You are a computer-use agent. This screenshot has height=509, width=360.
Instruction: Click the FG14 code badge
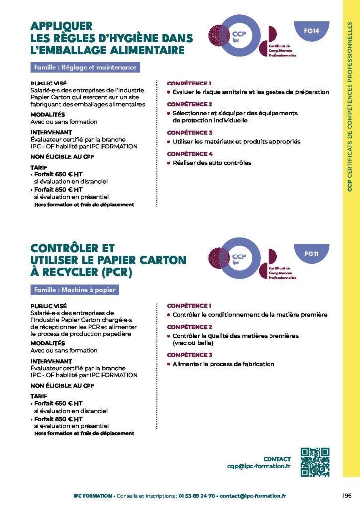(x=311, y=31)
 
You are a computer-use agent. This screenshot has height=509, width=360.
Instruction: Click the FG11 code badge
(x=311, y=254)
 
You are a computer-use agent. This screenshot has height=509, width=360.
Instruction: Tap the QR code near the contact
(x=315, y=462)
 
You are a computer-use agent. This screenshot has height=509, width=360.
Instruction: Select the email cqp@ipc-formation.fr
(x=259, y=466)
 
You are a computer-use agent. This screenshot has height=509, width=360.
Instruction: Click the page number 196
(x=347, y=496)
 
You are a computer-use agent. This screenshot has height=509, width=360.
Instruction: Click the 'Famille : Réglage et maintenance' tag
(x=85, y=67)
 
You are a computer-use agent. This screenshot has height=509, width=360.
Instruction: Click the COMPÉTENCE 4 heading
(x=189, y=154)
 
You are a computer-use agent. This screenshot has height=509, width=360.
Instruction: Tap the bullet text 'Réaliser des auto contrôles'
(x=211, y=163)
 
